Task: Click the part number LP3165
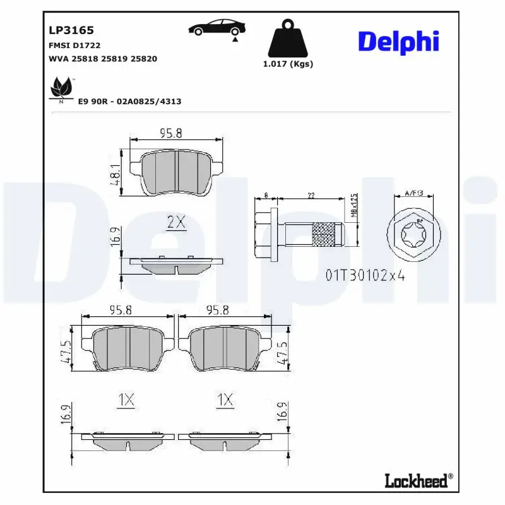62,30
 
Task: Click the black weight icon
288,39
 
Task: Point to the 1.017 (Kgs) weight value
288,64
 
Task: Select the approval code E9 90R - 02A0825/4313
129,101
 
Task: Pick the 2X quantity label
175,222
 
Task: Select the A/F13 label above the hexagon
414,194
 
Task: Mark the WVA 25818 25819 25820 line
103,59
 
